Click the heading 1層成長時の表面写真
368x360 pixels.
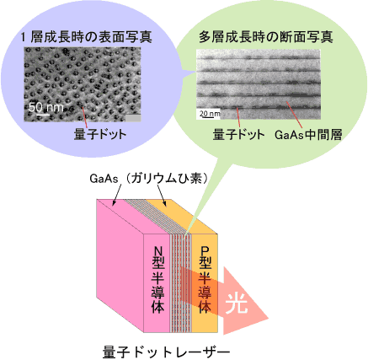[x=87, y=37]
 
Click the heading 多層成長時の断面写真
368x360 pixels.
[x=266, y=37]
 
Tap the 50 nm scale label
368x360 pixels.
[x=46, y=107]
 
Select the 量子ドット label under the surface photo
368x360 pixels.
[x=100, y=134]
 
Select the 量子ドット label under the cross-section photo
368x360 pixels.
[x=238, y=135]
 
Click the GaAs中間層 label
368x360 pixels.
[x=308, y=135]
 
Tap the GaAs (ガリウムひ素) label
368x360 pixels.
[x=149, y=179]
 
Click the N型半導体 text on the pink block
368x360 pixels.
[x=157, y=279]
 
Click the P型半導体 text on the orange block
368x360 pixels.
[x=205, y=279]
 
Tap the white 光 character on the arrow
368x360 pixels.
[x=237, y=304]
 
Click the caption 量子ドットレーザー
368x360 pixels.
[x=166, y=352]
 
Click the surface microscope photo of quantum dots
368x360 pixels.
[x=83, y=84]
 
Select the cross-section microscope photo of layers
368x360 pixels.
[x=259, y=84]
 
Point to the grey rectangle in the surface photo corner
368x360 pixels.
[x=133, y=118]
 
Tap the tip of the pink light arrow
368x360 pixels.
[x=269, y=320]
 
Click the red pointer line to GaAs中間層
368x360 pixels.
[x=294, y=115]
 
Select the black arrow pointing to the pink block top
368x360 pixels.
[x=117, y=194]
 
